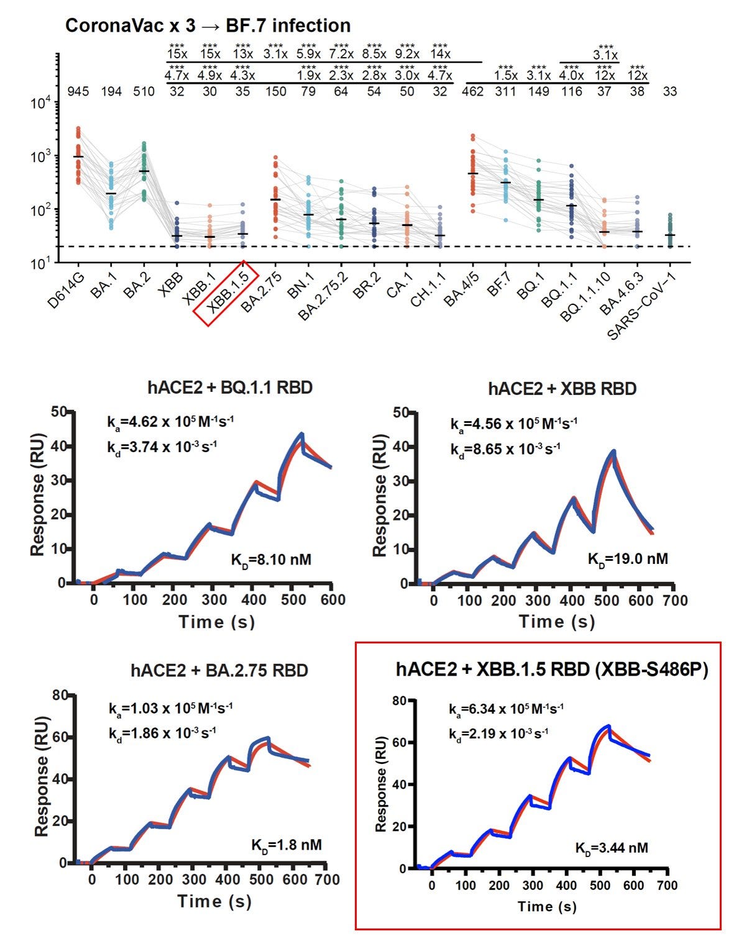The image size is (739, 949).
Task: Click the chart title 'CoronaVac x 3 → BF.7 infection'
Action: (208, 25)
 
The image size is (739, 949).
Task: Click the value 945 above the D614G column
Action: (78, 92)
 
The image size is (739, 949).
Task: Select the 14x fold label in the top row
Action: (440, 54)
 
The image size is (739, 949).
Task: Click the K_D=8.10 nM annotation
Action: (271, 560)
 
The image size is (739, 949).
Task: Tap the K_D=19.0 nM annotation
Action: (628, 558)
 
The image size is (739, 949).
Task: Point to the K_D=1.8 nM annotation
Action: (286, 845)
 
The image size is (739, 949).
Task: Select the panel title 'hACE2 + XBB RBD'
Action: (562, 389)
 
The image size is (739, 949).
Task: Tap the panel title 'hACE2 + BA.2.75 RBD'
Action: (219, 671)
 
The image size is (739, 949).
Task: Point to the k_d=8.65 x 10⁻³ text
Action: (505, 448)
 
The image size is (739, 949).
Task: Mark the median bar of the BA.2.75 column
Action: (275, 199)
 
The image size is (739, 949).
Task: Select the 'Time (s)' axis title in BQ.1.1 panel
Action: (216, 622)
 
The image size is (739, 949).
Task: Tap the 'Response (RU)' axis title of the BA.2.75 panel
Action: (42, 779)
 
